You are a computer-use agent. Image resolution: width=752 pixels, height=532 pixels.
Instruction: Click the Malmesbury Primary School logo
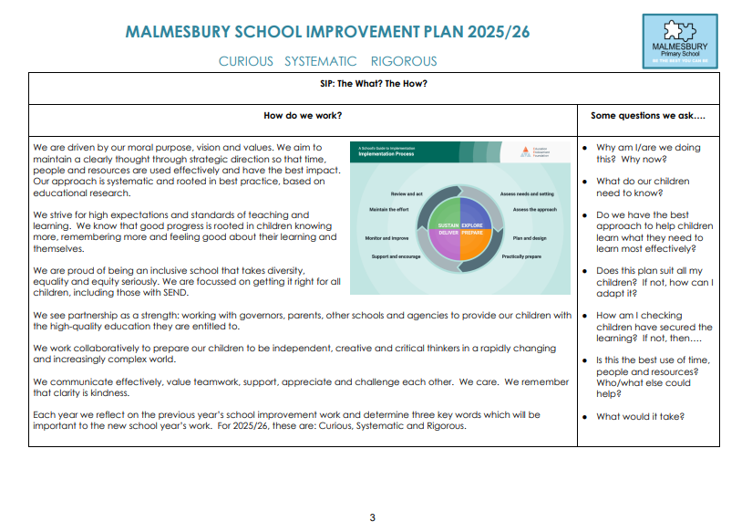coord(680,40)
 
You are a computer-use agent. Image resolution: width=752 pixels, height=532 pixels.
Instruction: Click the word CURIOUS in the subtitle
coord(246,61)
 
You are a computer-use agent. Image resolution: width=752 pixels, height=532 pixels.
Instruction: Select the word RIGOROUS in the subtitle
coord(404,61)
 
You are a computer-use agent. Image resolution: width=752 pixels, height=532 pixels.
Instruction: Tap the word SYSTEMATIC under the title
coord(321,61)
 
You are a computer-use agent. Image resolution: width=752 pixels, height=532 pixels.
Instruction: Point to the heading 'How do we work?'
coord(304,116)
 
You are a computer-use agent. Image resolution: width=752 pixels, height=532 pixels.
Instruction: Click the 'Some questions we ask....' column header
coord(648,116)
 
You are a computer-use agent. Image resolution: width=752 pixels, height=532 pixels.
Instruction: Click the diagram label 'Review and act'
coord(407,194)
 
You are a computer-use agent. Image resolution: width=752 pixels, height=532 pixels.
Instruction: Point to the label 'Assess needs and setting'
coord(527,194)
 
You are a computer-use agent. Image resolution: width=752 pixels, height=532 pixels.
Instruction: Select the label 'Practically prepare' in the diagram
coord(521,256)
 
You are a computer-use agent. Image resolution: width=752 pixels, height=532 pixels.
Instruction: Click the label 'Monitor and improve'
coord(386,237)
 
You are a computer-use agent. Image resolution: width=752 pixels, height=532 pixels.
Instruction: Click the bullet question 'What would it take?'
coord(640,417)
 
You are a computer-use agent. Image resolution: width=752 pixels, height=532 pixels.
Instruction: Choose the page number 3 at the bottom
coord(372,517)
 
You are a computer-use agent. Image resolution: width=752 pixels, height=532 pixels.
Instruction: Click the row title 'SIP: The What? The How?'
coord(374,85)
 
